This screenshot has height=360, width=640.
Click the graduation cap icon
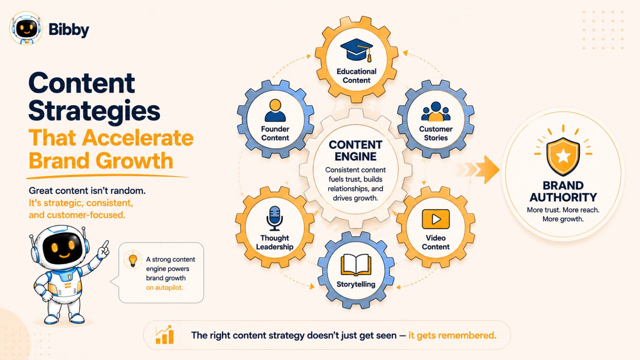(x=356, y=50)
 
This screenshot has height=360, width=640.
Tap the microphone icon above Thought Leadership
(x=274, y=218)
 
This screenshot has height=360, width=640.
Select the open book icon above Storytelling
(x=356, y=265)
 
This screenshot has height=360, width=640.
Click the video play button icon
(x=436, y=219)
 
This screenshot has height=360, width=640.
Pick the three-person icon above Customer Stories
(x=436, y=112)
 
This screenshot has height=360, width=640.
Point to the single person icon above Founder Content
(x=275, y=110)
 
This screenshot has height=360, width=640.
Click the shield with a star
(x=563, y=156)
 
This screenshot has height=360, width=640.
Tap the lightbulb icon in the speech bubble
(x=132, y=260)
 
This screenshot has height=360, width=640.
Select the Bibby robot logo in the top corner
(x=26, y=28)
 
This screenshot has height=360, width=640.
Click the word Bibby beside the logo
(x=69, y=30)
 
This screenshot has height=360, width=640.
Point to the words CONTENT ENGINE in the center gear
(x=356, y=150)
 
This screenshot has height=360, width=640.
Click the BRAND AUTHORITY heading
(x=563, y=192)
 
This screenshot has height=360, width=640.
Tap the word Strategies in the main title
(x=94, y=111)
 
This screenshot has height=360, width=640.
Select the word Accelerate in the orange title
(x=138, y=138)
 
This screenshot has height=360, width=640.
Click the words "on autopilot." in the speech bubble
(x=164, y=288)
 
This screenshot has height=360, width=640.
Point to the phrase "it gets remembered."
(x=452, y=335)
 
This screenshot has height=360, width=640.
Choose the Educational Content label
(x=356, y=76)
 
